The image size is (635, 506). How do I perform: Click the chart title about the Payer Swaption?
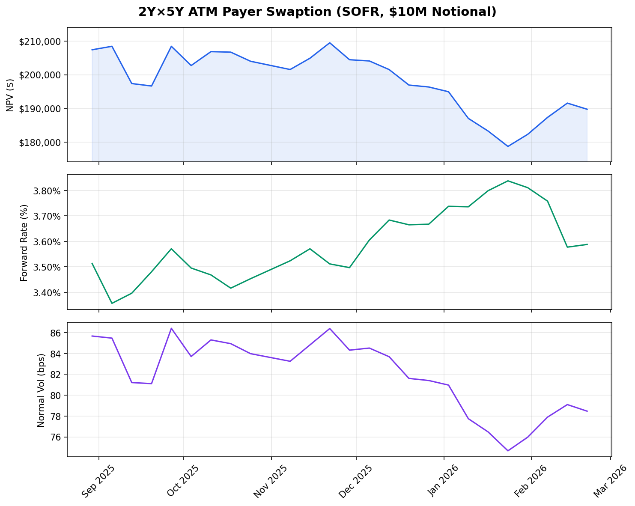[x=317, y=12]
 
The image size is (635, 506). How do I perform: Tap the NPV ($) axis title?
[x=10, y=95]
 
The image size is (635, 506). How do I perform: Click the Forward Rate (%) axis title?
[x=24, y=242]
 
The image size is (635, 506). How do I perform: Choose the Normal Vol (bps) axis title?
[x=41, y=390]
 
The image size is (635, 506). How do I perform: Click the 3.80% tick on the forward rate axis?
[x=47, y=190]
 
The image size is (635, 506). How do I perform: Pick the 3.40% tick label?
[x=47, y=293]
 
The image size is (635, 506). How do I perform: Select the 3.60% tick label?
[x=47, y=242]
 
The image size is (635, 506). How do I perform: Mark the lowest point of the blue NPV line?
[x=508, y=146]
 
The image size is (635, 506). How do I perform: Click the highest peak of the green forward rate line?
[x=508, y=181]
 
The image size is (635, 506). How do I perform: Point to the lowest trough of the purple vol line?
[x=508, y=451]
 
